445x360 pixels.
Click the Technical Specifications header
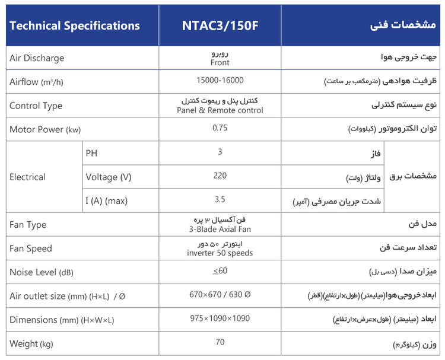(x=75, y=26)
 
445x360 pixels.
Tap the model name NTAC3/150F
(x=220, y=26)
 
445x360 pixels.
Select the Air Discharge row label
(x=37, y=58)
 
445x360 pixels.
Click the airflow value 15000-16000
(x=220, y=80)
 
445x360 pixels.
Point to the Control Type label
(x=36, y=106)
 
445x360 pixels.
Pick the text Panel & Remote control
(x=220, y=110)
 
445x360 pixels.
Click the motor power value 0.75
(x=220, y=128)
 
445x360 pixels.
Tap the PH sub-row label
(x=91, y=152)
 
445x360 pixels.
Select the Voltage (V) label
(x=109, y=177)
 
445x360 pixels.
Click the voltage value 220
(x=220, y=176)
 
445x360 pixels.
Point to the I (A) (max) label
(x=107, y=201)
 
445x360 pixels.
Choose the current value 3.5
(x=220, y=200)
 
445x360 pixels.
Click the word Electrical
(x=27, y=177)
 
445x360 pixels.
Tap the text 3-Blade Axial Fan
(x=220, y=230)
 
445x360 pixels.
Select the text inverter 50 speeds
(x=220, y=253)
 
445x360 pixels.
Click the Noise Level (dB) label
(x=41, y=272)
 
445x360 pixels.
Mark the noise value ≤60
(x=220, y=271)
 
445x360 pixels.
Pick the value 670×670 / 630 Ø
(x=220, y=295)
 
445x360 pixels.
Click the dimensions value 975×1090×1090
(x=220, y=318)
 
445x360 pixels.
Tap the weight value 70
(x=220, y=342)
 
